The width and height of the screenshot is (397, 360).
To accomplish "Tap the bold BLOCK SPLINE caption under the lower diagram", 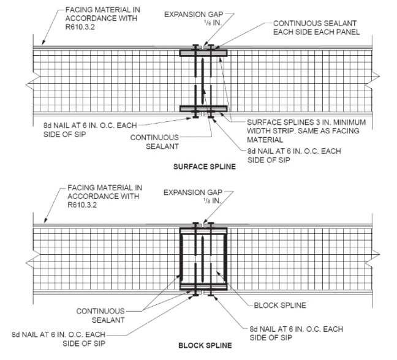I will pyautogui.click(x=205, y=345).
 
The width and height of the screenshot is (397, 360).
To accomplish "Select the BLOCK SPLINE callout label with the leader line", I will pyautogui.click(x=280, y=304).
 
